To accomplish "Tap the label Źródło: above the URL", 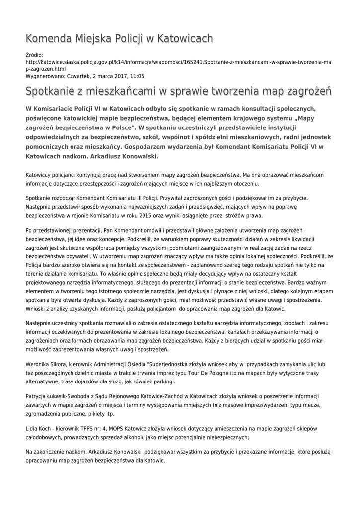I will point(34,55).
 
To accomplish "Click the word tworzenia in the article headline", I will point(218,92).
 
